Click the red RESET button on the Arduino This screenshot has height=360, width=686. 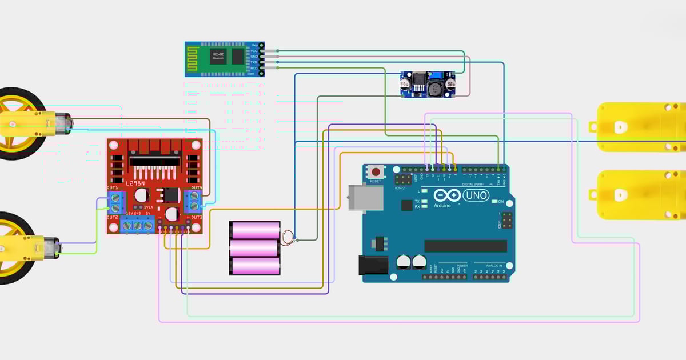(376, 171)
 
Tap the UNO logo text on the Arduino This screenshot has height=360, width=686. (476, 196)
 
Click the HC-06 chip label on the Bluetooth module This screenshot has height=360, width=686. (218, 55)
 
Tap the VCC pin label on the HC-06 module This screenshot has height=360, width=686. (254, 51)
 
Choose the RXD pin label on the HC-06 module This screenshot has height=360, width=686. (253, 68)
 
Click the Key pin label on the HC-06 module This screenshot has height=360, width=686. (254, 45)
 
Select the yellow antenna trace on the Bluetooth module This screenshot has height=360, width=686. (196, 58)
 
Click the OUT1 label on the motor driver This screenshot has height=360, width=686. (112, 188)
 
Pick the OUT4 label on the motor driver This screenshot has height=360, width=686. (196, 188)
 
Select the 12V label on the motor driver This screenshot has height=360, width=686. (129, 213)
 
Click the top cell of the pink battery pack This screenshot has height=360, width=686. (255, 230)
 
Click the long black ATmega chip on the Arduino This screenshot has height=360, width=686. (465, 246)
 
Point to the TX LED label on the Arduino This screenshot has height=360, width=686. (417, 202)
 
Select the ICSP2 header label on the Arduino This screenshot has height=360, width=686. (400, 187)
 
